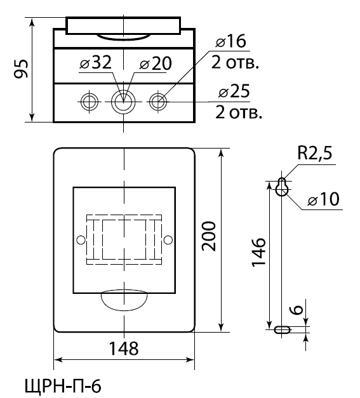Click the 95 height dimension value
tap(21, 69)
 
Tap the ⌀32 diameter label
tap(95, 62)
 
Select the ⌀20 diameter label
tap(156, 63)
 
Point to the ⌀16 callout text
tap(230, 41)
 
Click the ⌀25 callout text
tap(234, 91)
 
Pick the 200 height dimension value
tap(209, 236)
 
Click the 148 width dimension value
tap(124, 348)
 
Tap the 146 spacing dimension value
tap(258, 253)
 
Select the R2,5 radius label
tap(314, 153)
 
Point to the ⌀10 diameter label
tap(323, 199)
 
